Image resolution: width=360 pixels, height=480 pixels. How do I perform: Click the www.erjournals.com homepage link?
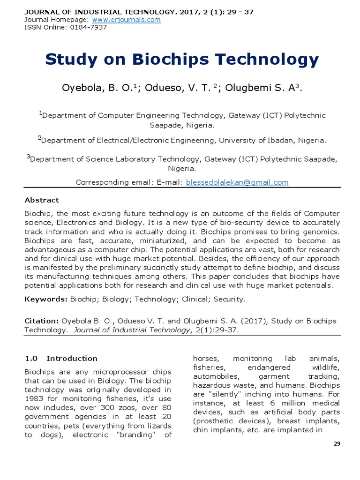tap(126, 20)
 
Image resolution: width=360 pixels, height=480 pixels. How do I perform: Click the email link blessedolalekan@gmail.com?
tap(237, 182)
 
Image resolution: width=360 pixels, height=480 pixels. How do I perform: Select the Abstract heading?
tap(42, 200)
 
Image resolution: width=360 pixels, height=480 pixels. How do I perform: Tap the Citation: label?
tap(42, 321)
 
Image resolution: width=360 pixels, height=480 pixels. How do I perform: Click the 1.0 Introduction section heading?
tap(61, 359)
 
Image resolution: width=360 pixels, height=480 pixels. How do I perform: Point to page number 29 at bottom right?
tap(337, 444)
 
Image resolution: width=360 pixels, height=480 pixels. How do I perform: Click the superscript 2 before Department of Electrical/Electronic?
tap(39, 138)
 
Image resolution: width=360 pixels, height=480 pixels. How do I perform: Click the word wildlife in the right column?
tap(327, 367)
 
